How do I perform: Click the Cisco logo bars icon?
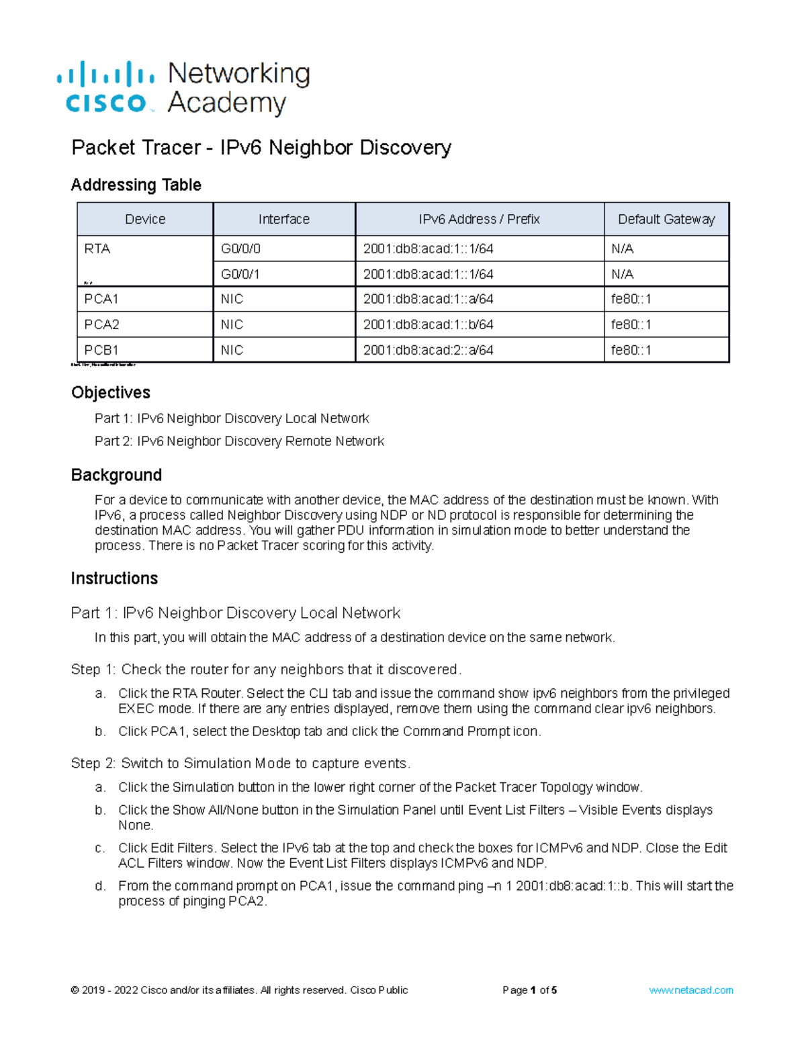pos(105,74)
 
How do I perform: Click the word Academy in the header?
pos(226,103)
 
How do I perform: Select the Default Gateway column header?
pos(666,219)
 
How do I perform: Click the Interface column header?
pos(283,219)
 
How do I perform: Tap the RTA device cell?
pos(97,248)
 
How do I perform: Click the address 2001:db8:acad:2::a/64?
pos(428,350)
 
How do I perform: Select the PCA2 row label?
pos(101,324)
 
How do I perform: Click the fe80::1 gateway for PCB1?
pos(631,350)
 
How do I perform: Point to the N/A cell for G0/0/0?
pos(622,248)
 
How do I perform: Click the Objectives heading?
pos(111,392)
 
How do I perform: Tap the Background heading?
pos(116,475)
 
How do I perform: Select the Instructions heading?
pos(114,578)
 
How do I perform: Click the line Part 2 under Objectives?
pos(239,441)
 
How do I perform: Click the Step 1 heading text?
pos(266,670)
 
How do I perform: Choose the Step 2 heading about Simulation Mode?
pos(240,764)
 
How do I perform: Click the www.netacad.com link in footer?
pos(690,990)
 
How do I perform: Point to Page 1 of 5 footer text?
pos(529,990)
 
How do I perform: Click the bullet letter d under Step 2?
pos(100,886)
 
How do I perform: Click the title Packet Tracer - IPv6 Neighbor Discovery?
pos(261,147)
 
